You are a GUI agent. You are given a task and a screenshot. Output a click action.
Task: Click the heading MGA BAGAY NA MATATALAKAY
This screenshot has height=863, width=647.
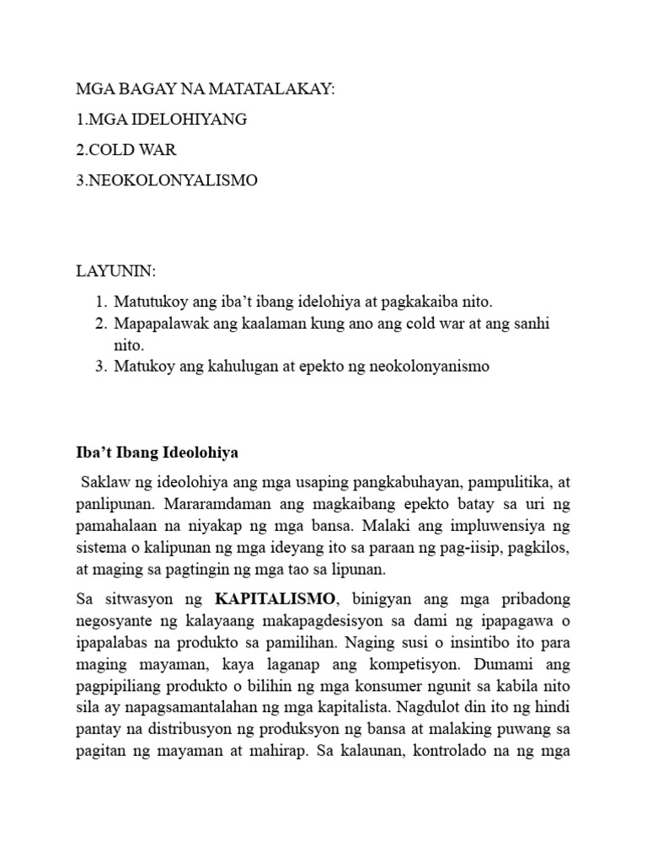point(206,89)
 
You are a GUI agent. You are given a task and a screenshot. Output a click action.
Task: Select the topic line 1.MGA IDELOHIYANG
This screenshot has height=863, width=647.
point(161,120)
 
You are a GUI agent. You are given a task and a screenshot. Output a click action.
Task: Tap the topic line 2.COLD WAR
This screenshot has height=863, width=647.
point(126,150)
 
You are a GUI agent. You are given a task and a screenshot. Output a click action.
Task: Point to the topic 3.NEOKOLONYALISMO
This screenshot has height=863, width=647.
point(167,180)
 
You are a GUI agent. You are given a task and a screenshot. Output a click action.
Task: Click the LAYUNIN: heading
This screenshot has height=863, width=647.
point(116,272)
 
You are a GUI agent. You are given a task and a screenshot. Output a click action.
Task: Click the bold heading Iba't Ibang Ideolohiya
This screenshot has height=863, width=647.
point(158,453)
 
